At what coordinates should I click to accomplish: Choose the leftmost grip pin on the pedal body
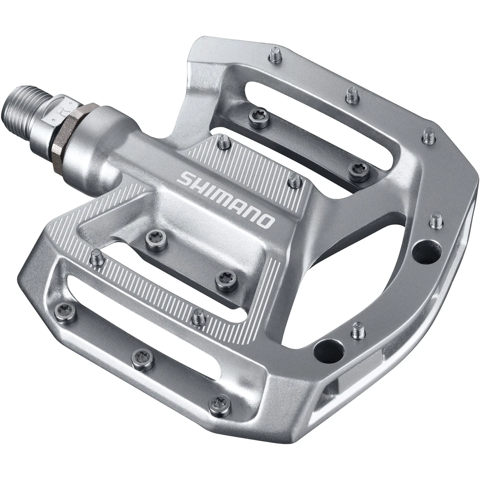(x=95, y=255)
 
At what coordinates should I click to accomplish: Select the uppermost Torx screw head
(x=254, y=116)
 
